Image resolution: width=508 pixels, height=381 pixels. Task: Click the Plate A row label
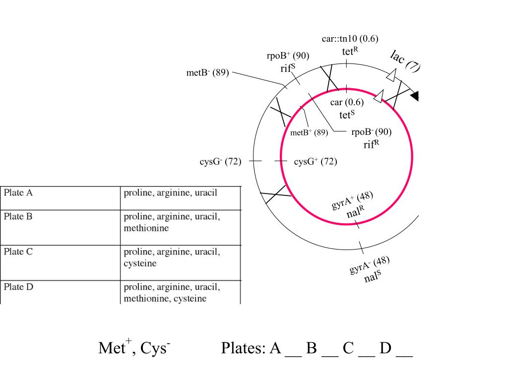click(18, 193)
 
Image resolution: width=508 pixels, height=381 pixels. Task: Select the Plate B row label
click(18, 216)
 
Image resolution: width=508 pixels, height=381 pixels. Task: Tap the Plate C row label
click(18, 252)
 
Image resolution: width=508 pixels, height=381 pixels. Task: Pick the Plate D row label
click(18, 287)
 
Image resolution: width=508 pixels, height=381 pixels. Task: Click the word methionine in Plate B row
click(146, 228)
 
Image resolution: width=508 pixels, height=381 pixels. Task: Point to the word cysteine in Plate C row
click(140, 263)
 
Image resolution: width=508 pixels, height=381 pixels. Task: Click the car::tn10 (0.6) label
click(350, 39)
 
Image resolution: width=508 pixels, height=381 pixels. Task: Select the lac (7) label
click(405, 61)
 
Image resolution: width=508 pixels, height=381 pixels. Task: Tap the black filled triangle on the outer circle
click(415, 96)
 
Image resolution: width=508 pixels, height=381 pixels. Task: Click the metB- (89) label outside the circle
click(208, 72)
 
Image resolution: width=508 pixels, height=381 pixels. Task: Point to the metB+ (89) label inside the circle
click(309, 132)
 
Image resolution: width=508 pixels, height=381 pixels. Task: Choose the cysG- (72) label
click(220, 161)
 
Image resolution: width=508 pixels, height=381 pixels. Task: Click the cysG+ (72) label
click(315, 161)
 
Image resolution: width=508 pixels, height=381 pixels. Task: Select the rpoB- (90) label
click(371, 132)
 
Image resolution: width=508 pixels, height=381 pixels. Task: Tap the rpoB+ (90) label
click(288, 56)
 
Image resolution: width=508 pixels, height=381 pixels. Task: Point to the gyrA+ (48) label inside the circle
click(352, 200)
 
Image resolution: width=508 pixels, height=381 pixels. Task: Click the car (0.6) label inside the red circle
click(347, 102)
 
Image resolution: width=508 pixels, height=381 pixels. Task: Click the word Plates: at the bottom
click(243, 348)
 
